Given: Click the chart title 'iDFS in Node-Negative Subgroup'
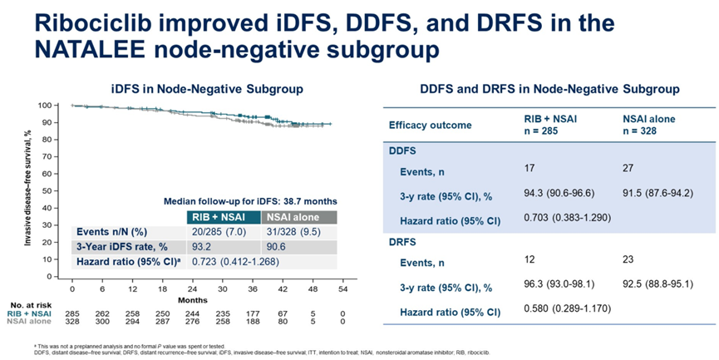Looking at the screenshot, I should [207, 88].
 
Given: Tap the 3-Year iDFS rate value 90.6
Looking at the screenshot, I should [273, 247].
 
